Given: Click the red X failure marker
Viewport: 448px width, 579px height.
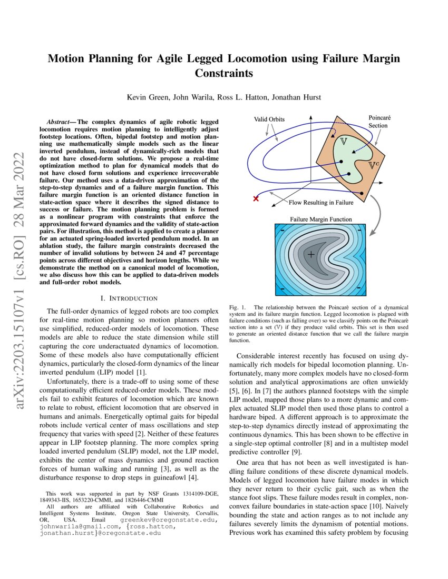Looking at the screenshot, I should click(256, 198).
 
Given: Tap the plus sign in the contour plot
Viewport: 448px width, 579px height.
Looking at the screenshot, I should click(311, 255).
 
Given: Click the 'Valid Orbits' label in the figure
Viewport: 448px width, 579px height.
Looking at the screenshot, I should click(269, 119).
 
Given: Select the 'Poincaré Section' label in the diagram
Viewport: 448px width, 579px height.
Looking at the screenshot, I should click(378, 122).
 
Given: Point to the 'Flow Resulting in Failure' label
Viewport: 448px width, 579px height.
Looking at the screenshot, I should click(321, 202).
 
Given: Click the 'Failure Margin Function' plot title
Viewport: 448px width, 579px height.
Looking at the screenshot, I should click(321, 219).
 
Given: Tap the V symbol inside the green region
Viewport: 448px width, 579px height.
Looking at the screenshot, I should click(343, 142).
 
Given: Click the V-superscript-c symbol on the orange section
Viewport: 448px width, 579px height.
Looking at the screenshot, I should click(386, 164).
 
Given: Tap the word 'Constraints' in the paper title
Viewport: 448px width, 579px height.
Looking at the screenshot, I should click(223, 74).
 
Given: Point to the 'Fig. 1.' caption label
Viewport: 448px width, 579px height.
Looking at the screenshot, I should click(237, 306).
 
